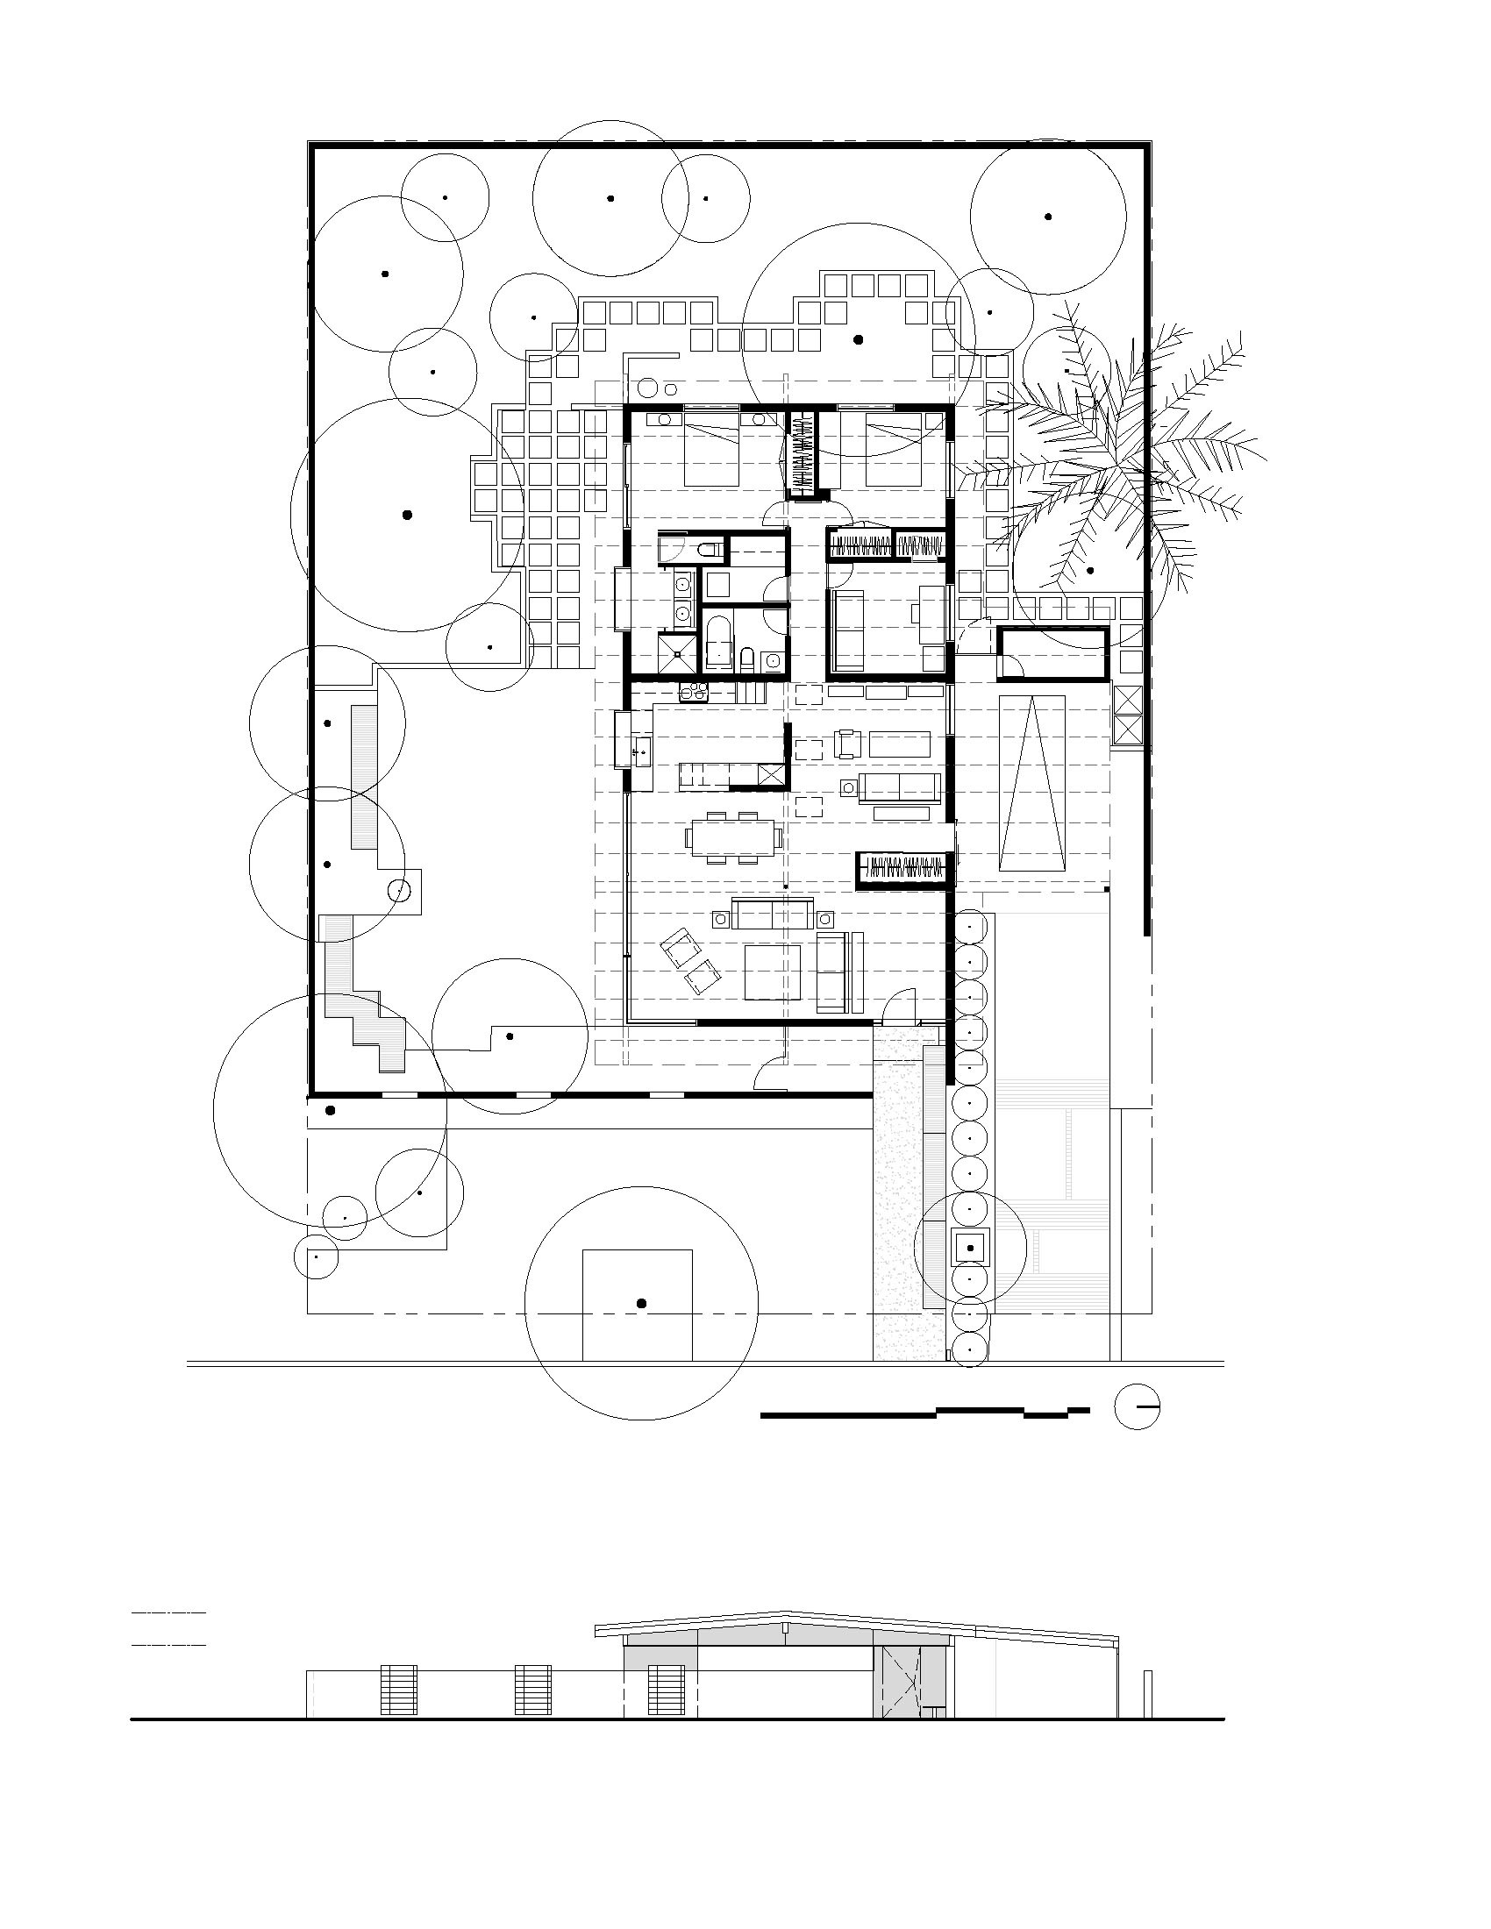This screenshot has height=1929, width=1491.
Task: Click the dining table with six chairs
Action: (x=733, y=835)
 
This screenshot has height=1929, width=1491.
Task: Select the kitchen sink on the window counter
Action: (x=641, y=751)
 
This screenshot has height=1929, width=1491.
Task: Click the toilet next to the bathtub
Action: (x=747, y=658)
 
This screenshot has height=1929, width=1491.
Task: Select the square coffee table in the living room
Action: (x=772, y=972)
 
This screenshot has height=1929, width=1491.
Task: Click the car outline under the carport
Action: (x=1031, y=782)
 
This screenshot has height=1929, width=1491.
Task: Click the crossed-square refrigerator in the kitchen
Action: (x=771, y=774)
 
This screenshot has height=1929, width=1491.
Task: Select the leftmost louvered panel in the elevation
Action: (x=398, y=1690)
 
